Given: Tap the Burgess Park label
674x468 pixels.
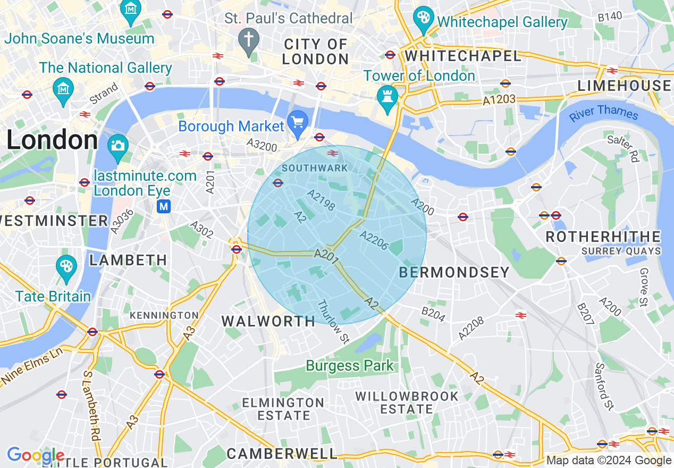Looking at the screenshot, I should coord(350,366).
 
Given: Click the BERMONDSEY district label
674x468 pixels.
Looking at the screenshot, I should coord(454,272).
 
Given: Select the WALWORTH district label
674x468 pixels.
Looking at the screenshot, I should coord(268,321).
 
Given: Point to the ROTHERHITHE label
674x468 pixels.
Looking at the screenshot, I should coord(603,237).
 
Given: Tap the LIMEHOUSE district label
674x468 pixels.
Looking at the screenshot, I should coord(625,86).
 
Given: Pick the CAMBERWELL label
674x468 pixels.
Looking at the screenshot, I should coord(282,454).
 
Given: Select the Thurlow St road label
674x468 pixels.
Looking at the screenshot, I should coord(332,321).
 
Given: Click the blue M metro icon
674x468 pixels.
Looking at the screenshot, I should coord(164,206).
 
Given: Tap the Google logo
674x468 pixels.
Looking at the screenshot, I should coord(35,456).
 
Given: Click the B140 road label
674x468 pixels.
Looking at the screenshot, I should coord(610,16).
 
